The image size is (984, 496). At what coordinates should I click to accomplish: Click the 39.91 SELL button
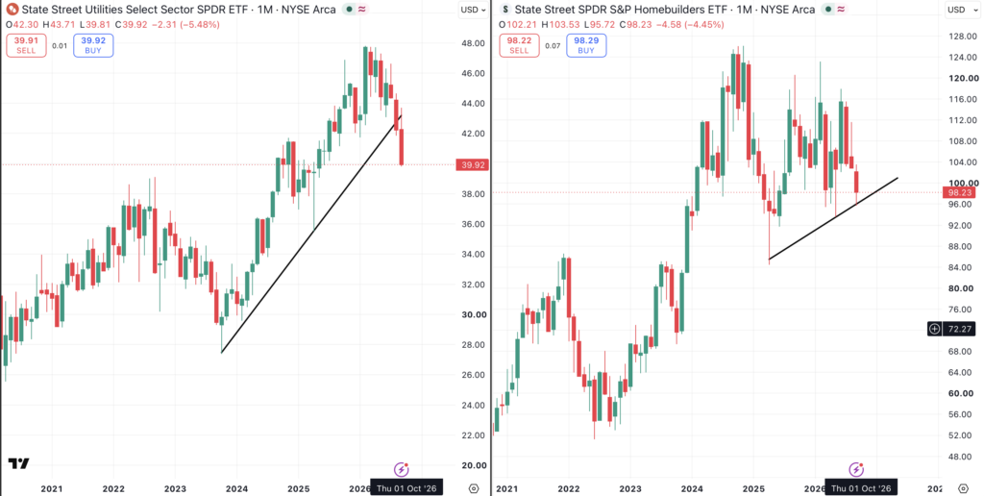coord(26,46)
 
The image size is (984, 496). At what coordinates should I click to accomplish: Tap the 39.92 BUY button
coord(93,46)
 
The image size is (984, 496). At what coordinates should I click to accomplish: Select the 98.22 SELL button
coord(519,46)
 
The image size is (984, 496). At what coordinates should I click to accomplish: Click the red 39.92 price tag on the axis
coord(473,165)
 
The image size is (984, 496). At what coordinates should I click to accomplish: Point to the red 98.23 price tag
coord(959,193)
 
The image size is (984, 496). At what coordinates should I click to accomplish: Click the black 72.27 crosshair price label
coord(951,329)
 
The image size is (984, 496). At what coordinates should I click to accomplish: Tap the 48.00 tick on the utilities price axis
coord(473,43)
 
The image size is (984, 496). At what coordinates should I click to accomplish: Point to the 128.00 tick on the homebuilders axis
coord(964,36)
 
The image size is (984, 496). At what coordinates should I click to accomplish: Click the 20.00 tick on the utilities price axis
coord(475,465)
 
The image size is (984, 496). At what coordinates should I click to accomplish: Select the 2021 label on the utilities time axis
coord(52,488)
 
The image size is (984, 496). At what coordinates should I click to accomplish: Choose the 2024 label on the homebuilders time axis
coord(692,488)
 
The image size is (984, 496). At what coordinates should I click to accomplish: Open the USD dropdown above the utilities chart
coord(473,10)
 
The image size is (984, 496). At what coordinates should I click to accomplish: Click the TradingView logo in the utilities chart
coord(19,464)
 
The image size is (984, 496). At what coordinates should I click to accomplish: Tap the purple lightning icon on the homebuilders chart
coord(856,469)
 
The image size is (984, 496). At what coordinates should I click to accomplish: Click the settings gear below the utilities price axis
coord(474,488)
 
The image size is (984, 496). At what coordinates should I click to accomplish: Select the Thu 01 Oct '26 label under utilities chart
coord(406,487)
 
